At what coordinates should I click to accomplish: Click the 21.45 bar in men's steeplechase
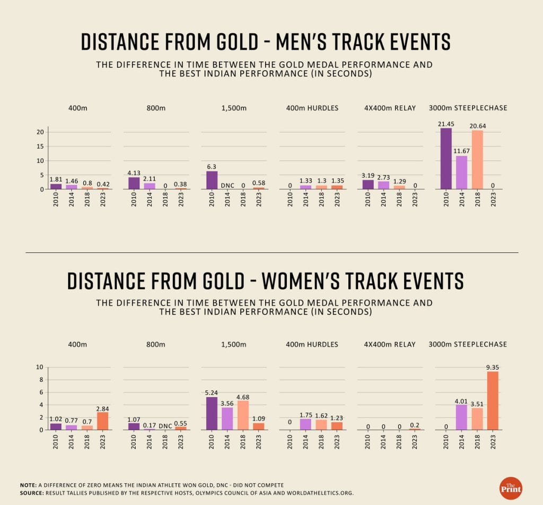(446, 159)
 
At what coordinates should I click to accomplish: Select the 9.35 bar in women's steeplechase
(493, 400)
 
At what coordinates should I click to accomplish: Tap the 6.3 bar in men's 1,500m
(212, 180)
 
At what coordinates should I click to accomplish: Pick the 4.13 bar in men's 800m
(134, 183)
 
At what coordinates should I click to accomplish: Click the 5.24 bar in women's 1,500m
(212, 413)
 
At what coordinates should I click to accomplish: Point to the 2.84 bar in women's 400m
(102, 421)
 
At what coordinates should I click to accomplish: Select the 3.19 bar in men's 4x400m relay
(368, 184)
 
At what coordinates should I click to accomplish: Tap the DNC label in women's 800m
(165, 425)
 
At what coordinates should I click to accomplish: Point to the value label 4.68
(242, 396)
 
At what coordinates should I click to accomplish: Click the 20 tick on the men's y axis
(40, 132)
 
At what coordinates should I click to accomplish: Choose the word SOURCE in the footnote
(32, 493)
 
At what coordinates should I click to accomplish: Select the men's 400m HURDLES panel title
(312, 108)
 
